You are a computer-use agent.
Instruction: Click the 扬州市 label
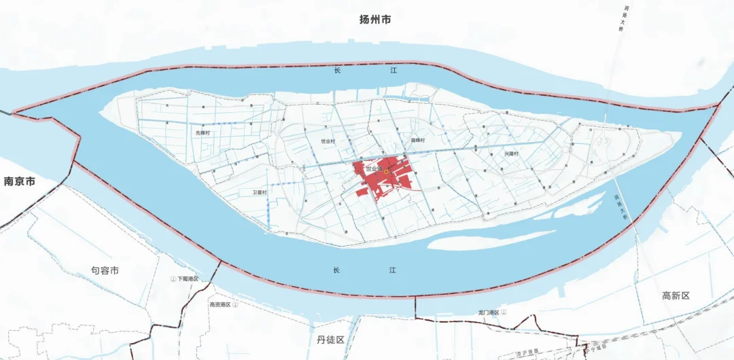[375, 20]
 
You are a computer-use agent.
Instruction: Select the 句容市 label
[105, 270]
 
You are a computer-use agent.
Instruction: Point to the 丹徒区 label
[331, 339]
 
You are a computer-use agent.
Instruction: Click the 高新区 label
[676, 295]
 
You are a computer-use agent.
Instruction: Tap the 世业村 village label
[328, 141]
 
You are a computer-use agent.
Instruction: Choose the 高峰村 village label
[417, 141]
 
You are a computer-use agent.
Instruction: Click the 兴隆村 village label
[511, 154]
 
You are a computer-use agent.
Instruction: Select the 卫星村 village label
[260, 193]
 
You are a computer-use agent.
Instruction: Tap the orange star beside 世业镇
[386, 173]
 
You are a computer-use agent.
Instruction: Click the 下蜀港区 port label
[188, 279]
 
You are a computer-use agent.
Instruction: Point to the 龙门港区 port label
[489, 312]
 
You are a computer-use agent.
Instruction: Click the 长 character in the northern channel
[336, 71]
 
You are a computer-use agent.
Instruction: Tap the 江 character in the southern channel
[392, 270]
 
